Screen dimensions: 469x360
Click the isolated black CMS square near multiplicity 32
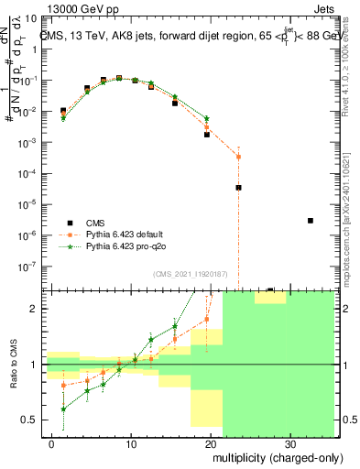point(311,221)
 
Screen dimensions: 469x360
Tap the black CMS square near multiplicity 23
point(238,188)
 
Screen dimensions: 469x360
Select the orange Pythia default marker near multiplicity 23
point(238,157)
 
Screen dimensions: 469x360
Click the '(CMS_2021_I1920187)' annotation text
point(190,274)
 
